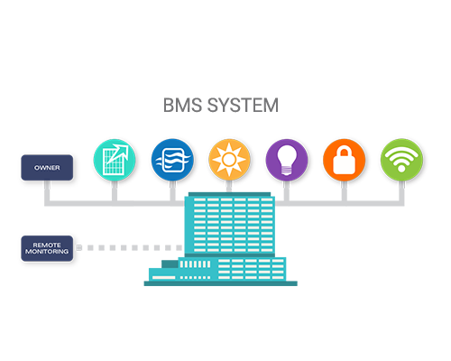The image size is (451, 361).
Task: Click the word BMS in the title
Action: [182, 106]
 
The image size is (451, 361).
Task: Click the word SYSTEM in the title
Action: [243, 106]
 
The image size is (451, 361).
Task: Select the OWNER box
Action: [47, 168]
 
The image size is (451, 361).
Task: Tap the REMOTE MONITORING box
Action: [47, 248]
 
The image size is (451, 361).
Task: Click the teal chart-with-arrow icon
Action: [115, 160]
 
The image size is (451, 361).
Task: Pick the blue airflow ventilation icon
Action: [172, 160]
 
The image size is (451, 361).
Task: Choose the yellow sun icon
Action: [229, 160]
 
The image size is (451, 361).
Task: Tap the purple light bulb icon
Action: [287, 160]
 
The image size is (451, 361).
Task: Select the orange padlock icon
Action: [345, 160]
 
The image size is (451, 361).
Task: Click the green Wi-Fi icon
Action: [401, 160]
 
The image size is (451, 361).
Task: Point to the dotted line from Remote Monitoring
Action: [129, 248]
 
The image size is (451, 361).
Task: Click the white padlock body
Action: [345, 164]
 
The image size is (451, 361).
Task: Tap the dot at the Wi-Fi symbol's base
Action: [401, 168]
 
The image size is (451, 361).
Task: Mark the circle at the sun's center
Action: [229, 160]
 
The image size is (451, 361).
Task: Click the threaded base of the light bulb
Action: [287, 171]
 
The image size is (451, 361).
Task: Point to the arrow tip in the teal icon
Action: [127, 146]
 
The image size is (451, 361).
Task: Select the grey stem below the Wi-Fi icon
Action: [401, 191]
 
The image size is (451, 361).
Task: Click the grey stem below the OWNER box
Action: [47, 191]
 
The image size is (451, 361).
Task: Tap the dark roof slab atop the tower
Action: [230, 194]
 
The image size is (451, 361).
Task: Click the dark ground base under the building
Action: [221, 283]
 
